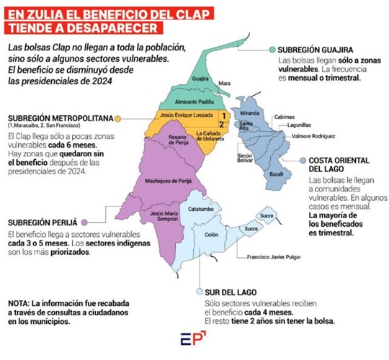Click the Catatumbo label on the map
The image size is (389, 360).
pos(201,209)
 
